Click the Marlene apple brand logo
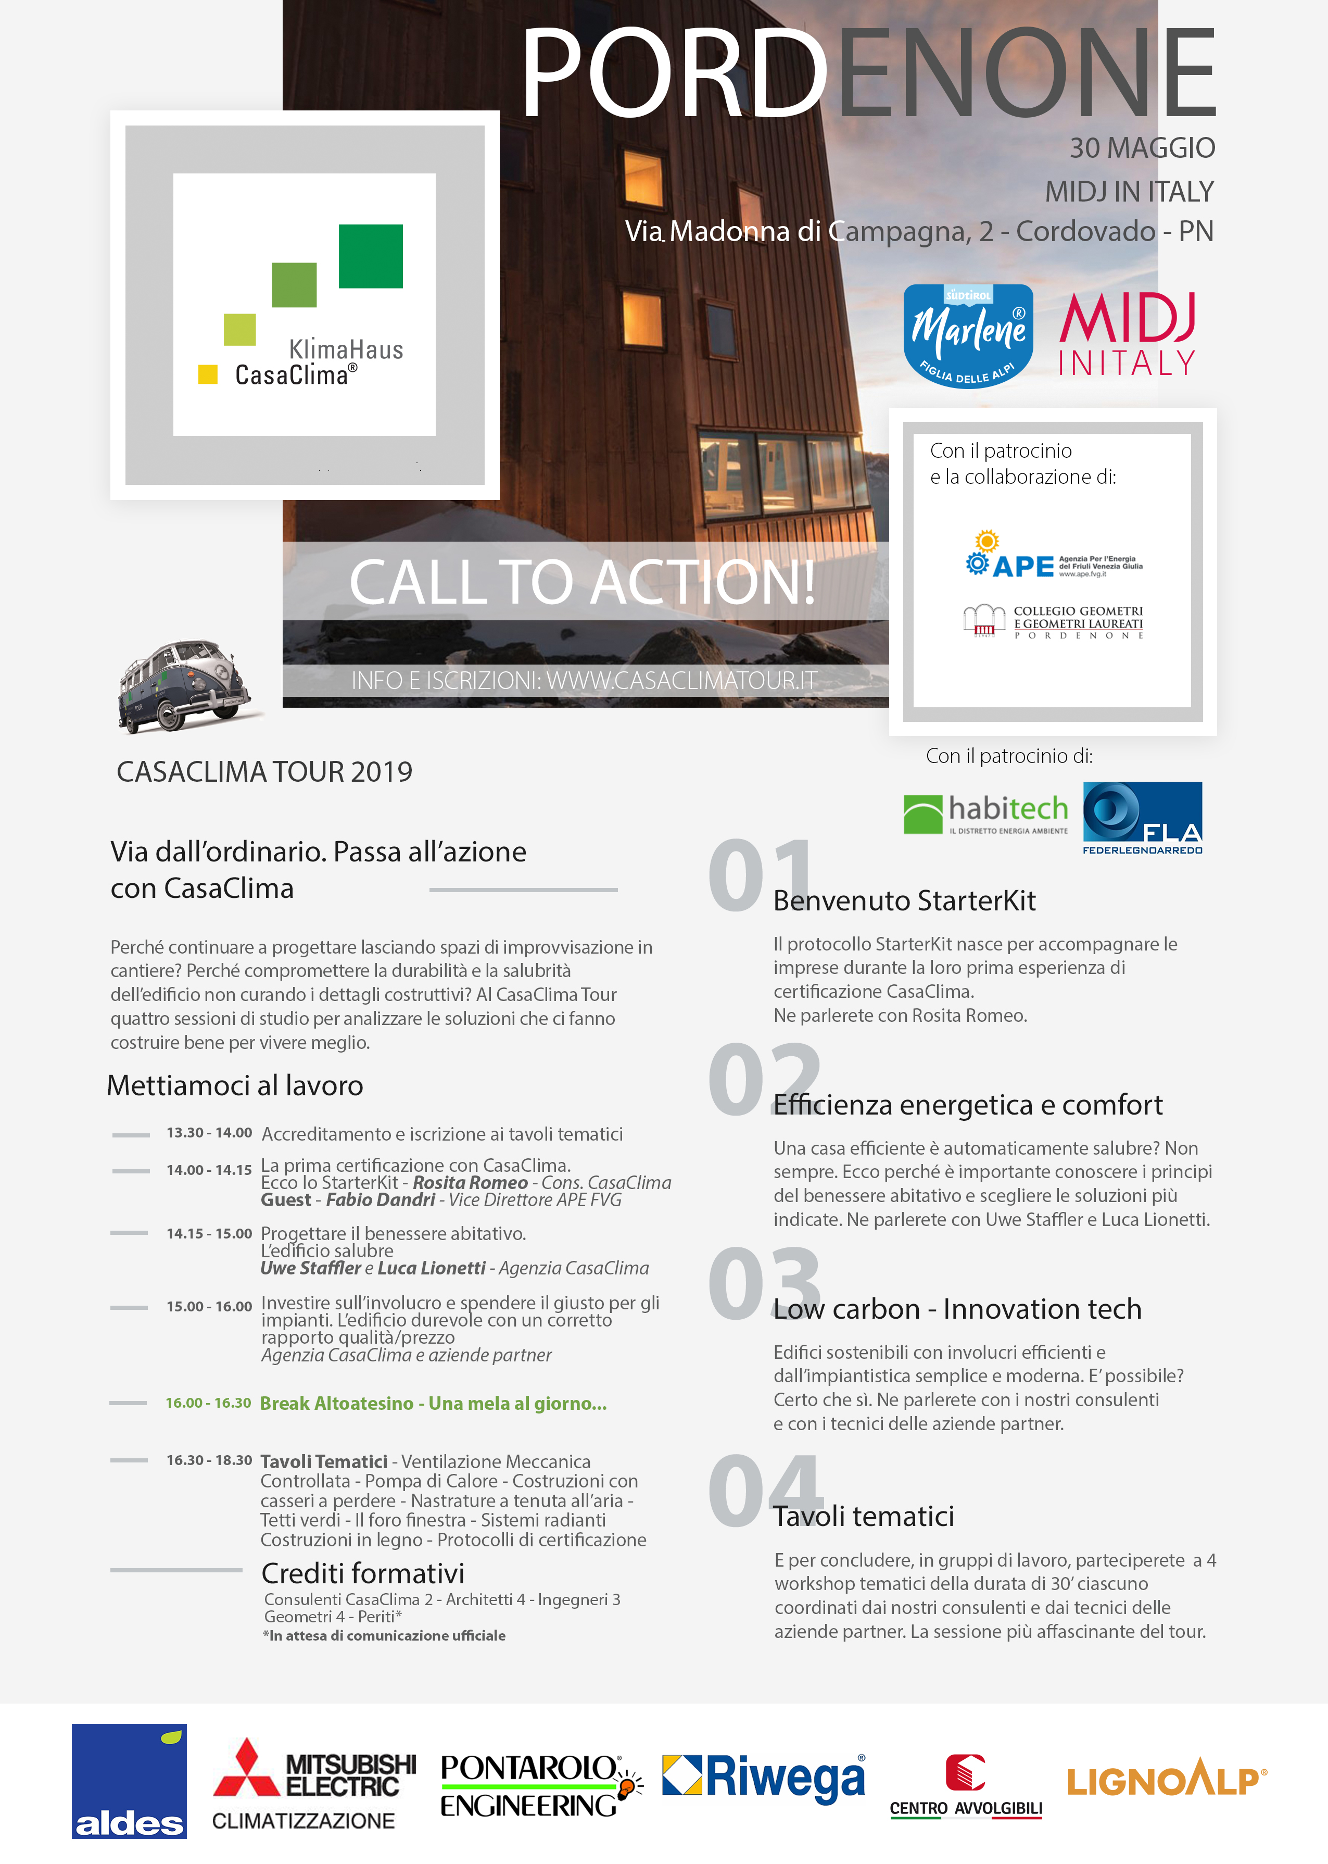tap(968, 335)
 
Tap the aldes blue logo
tap(129, 1781)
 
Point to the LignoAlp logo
tap(1166, 1780)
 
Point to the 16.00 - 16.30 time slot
tap(209, 1403)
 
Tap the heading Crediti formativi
tap(363, 1573)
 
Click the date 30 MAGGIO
tap(1142, 148)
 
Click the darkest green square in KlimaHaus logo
tap(371, 256)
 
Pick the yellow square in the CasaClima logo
tap(208, 374)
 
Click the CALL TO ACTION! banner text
tap(582, 582)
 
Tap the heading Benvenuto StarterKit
tap(904, 900)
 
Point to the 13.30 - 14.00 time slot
tap(209, 1133)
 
